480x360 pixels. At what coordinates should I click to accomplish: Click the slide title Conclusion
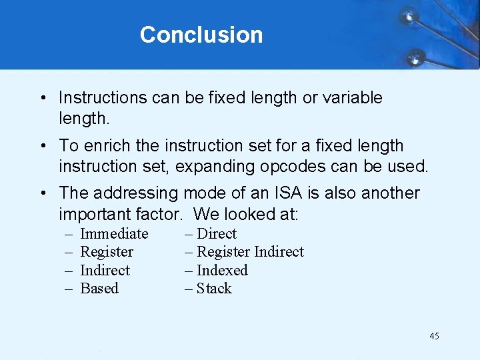pyautogui.click(x=201, y=35)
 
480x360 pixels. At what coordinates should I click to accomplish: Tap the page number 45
pyautogui.click(x=434, y=336)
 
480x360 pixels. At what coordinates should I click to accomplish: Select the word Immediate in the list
pyautogui.click(x=114, y=234)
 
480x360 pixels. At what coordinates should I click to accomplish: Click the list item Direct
pyautogui.click(x=217, y=234)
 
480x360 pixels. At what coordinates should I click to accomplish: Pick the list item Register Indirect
pyautogui.click(x=250, y=252)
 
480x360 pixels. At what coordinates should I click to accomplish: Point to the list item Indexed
pyautogui.click(x=222, y=271)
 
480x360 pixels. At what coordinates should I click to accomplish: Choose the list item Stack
pyautogui.click(x=214, y=289)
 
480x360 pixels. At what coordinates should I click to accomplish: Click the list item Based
pyautogui.click(x=99, y=289)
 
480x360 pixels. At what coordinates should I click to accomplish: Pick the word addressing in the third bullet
pyautogui.click(x=136, y=194)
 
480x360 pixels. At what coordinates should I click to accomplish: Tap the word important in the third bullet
pyautogui.click(x=94, y=215)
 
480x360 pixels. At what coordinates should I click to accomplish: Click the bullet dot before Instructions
pyautogui.click(x=41, y=99)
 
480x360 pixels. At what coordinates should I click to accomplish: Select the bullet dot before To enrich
pyautogui.click(x=41, y=146)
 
